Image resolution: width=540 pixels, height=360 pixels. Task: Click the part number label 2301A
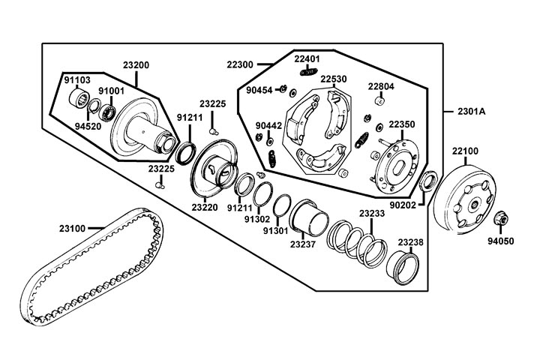tap(471, 111)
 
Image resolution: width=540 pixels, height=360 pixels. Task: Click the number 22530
tap(334, 79)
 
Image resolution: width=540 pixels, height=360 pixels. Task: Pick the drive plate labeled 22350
tap(398, 161)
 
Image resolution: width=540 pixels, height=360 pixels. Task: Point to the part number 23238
tap(410, 242)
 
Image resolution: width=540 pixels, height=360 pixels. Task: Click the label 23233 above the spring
tap(371, 214)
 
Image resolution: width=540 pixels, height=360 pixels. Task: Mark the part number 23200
tap(136, 65)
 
